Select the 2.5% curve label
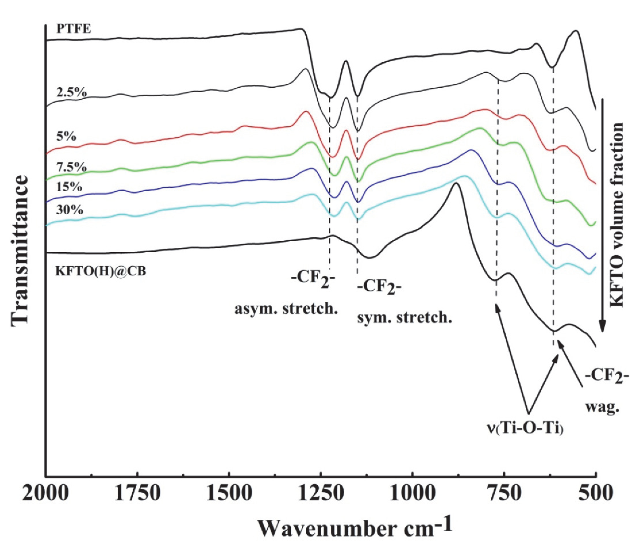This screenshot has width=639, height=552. coord(72,92)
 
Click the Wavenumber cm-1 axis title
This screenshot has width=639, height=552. coord(355,528)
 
